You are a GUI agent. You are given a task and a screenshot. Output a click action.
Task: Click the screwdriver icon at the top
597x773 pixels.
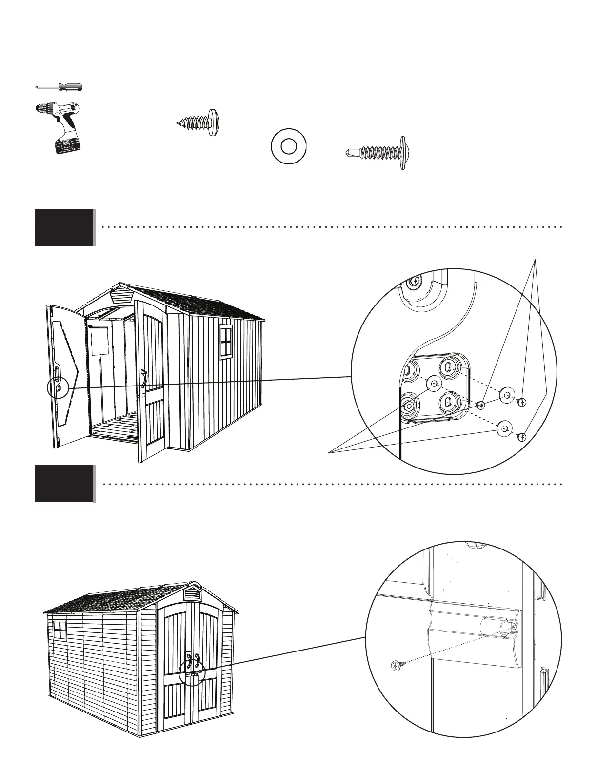click(59, 87)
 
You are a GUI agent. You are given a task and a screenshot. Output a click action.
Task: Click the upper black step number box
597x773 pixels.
click(64, 227)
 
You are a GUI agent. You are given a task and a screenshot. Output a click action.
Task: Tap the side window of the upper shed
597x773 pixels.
click(226, 342)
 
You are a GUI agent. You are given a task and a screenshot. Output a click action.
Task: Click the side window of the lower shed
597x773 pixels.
click(60, 630)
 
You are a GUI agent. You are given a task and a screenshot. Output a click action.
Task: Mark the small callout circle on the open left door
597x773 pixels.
click(58, 388)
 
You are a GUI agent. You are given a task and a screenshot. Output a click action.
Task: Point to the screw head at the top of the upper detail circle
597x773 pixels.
click(414, 282)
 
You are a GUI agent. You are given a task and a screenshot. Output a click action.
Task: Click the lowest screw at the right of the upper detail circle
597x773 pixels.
click(522, 436)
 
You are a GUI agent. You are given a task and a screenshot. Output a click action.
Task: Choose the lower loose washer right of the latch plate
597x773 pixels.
click(504, 429)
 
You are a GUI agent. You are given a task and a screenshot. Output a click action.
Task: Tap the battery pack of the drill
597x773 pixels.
click(68, 145)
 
